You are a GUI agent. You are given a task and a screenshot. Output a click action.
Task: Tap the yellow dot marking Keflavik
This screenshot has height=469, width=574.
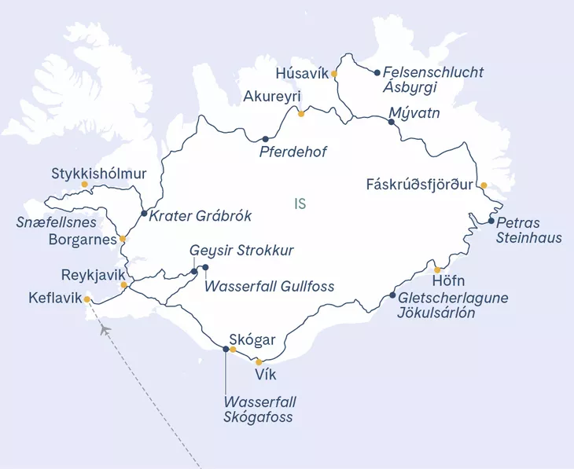[87, 299]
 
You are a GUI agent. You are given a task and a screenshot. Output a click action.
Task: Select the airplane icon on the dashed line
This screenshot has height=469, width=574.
[104, 328]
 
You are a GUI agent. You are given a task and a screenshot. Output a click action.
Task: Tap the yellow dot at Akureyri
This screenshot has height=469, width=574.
[301, 114]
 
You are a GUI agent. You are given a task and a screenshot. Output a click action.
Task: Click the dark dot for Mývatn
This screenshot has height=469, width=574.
[392, 123]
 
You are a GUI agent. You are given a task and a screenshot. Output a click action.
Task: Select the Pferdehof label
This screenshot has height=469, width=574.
[293, 152]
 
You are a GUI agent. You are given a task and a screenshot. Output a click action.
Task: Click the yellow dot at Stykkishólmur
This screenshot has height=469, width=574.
[84, 185]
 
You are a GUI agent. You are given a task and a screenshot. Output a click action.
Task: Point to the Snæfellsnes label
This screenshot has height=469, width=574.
[53, 222]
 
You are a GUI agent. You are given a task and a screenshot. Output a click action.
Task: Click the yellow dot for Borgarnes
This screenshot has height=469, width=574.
[123, 238]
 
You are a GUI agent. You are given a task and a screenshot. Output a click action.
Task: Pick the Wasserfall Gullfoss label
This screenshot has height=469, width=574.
[269, 287]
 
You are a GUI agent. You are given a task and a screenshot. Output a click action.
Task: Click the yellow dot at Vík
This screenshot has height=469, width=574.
[259, 362]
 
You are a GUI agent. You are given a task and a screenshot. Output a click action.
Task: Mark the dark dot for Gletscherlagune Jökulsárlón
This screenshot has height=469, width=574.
[393, 295]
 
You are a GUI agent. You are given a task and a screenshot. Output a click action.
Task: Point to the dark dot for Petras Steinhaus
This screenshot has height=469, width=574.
[491, 221]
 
